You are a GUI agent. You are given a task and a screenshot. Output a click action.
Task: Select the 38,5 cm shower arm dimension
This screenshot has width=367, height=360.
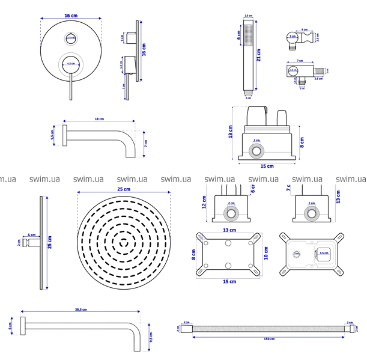pos(80,310)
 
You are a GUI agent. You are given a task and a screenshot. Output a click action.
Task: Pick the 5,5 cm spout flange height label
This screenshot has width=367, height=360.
pos(53,136)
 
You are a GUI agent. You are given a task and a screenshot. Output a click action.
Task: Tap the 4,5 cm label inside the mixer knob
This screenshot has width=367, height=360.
pos(71,63)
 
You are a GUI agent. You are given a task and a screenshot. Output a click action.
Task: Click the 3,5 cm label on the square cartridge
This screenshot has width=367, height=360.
pos(323,253)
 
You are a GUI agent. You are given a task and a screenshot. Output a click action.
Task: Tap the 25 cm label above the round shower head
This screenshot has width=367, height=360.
pos(123,190)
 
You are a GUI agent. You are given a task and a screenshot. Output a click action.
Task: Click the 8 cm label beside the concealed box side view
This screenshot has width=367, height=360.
pos(302,142)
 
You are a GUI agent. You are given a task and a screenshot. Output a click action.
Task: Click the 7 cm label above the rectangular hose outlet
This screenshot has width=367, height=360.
pos(299,61)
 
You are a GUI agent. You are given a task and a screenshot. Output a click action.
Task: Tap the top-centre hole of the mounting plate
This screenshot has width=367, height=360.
pos(229,242)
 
